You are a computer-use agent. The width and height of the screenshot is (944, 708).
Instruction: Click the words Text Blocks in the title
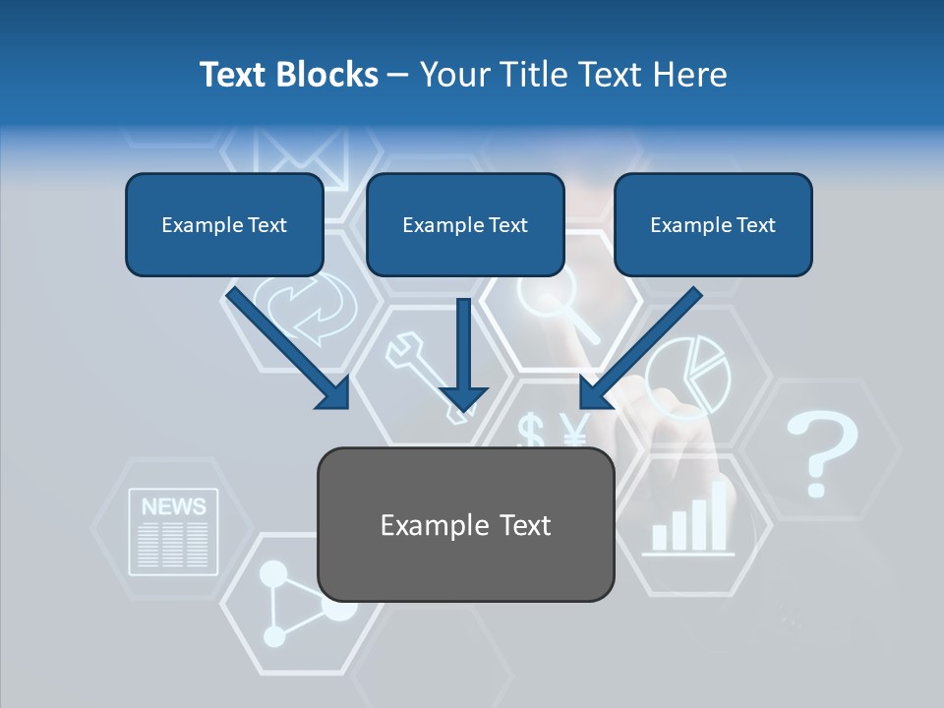pyautogui.click(x=288, y=75)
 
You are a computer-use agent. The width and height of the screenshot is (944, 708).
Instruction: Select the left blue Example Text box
pyautogui.click(x=224, y=224)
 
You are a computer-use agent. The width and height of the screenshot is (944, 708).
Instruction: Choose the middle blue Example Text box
pyautogui.click(x=465, y=224)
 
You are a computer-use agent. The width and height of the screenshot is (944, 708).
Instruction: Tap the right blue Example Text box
pyautogui.click(x=713, y=224)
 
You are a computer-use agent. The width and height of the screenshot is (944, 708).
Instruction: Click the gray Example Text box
pyautogui.click(x=466, y=524)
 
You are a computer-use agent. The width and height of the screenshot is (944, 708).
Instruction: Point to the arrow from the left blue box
pyautogui.click(x=287, y=348)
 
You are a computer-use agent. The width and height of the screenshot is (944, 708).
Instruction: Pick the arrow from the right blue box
pyautogui.click(x=640, y=348)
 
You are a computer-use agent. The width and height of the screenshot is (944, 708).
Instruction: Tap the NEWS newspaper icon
pyautogui.click(x=174, y=532)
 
